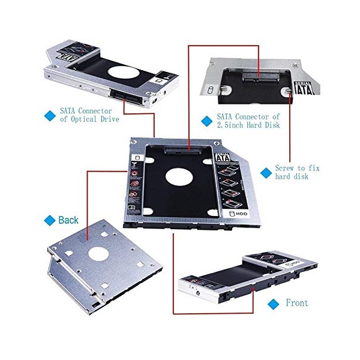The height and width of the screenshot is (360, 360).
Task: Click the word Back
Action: click(68, 220)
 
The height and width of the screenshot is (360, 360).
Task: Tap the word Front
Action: click(297, 303)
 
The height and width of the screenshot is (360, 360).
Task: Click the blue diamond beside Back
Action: click(50, 220)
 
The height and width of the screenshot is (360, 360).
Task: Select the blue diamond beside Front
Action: click(273, 304)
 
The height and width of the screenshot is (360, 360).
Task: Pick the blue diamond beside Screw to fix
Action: click(266, 173)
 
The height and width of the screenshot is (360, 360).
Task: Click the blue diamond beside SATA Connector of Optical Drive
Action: click(50, 116)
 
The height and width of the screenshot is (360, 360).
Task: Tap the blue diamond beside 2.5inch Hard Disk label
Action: click(206, 121)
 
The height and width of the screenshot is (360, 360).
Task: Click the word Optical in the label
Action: click(83, 119)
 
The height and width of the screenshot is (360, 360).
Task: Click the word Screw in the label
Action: click(284, 168)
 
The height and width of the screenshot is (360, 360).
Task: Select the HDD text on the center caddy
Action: click(242, 214)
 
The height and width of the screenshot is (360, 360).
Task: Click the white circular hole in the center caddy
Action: click(179, 176)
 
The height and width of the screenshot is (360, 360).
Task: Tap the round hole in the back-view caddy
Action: click(98, 254)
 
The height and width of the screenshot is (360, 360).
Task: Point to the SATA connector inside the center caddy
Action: click(183, 151)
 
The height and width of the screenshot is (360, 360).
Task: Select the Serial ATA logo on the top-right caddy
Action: click(304, 88)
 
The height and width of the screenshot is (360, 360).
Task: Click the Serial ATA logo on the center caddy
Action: click(223, 157)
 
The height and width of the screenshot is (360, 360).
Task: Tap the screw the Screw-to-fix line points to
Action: click(288, 91)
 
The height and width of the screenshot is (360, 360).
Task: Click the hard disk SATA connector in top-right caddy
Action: click(261, 76)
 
